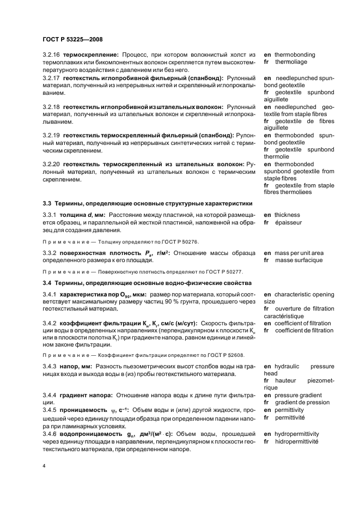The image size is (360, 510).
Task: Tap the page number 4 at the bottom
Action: (x=44, y=466)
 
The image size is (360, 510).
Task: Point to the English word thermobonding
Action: (x=295, y=55)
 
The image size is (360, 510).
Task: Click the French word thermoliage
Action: (x=291, y=63)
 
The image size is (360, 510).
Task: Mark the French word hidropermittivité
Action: (x=297, y=441)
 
